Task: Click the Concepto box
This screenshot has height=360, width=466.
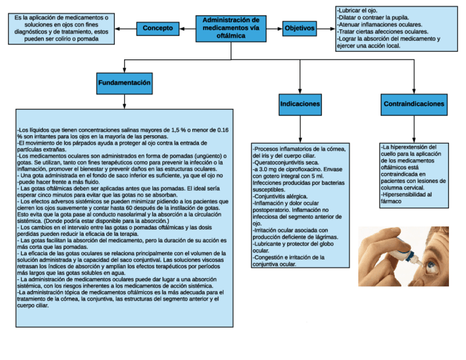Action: [158, 27]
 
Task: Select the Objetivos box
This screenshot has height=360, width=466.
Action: [299, 27]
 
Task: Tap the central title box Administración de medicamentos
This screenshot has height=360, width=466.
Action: [231, 28]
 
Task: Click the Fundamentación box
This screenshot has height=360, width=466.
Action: [124, 83]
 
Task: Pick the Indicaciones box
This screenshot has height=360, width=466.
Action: [300, 104]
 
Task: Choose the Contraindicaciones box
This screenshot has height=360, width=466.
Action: [414, 104]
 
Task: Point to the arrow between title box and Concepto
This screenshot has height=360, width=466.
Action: [187, 28]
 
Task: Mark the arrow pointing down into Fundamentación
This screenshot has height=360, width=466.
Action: [125, 67]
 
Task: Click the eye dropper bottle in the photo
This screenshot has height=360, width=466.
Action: [405, 252]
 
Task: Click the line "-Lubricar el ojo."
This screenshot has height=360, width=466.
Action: [358, 10]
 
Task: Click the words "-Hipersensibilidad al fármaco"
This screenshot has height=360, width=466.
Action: [407, 198]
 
